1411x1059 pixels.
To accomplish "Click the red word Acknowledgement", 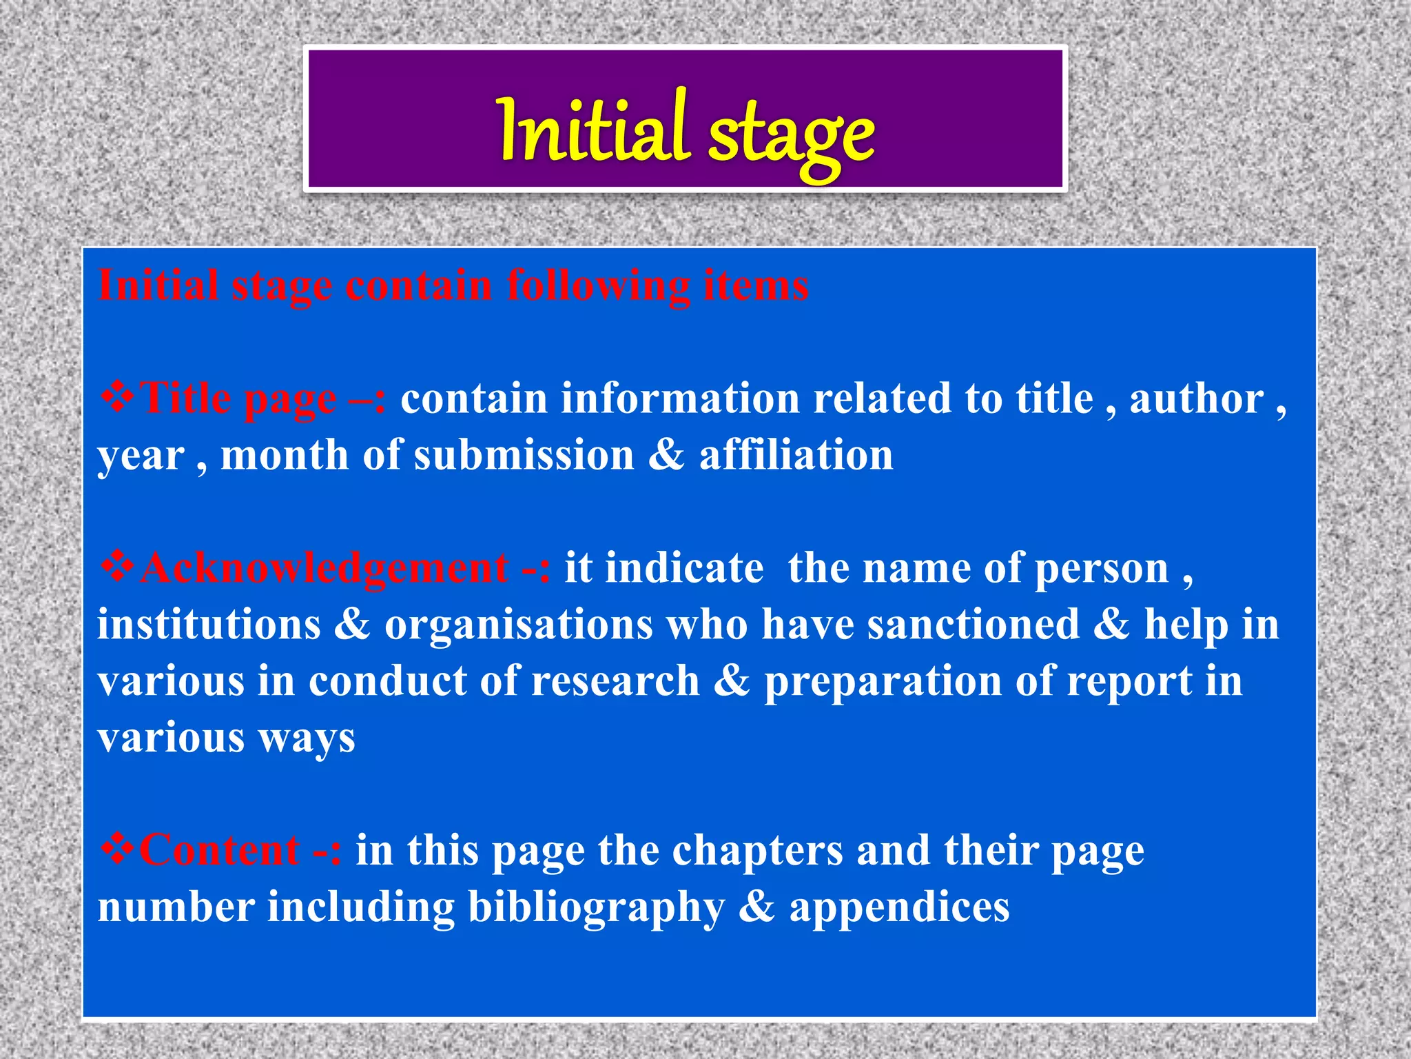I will pos(324,569).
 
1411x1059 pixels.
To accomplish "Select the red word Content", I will pos(220,850).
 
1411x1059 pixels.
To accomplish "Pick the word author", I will pos(1197,400).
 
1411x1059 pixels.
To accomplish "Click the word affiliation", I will pos(796,455).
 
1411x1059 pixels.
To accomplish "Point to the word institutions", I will pos(209,625).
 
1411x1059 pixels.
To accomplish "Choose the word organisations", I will pos(518,625).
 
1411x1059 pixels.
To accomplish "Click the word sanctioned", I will pos(973,625).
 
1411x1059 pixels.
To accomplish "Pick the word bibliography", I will pos(596,908).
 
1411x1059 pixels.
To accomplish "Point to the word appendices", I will pos(899,908).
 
